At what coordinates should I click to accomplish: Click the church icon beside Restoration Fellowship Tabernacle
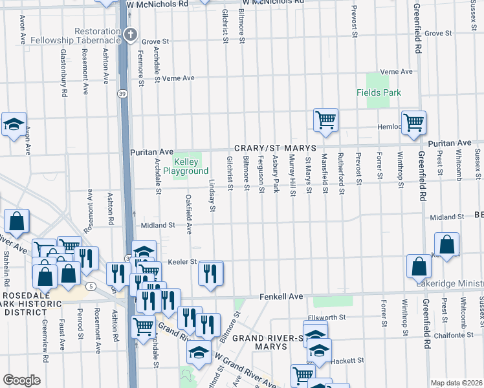tap(131, 35)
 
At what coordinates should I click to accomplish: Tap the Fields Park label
tap(379, 92)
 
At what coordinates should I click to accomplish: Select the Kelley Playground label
tap(186, 167)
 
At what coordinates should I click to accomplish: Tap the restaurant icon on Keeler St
tap(210, 273)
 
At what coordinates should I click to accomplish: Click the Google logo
tap(21, 380)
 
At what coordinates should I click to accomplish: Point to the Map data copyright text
tap(457, 383)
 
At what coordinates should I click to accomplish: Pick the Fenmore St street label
tap(140, 65)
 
